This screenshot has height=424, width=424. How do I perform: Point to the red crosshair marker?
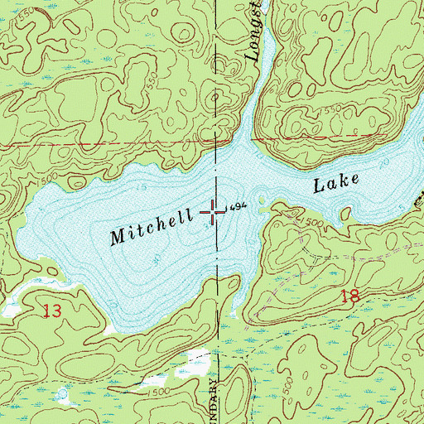tap(214, 214)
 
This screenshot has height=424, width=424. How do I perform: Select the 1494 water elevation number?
tap(238, 206)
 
